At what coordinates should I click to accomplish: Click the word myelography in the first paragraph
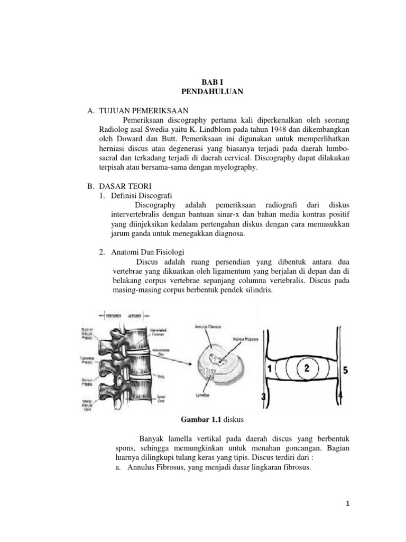(236, 167)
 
